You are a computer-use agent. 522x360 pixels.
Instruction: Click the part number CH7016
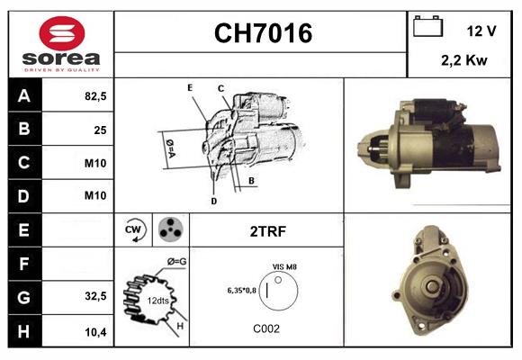pos(262,34)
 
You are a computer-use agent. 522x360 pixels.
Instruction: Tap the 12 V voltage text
pos(481,31)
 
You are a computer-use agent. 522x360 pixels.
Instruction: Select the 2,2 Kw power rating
pos(464,60)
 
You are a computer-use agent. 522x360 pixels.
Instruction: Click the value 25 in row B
pos(99,130)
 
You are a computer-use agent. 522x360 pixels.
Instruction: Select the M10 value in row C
pos(95,163)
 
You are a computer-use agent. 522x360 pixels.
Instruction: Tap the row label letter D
pos(24,196)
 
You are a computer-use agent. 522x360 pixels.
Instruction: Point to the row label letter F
pos(24,264)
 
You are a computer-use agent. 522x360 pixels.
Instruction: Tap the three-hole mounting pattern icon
pos(170,229)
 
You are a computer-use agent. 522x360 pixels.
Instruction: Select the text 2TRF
pos(267,231)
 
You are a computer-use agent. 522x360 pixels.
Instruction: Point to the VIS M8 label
pos(284,267)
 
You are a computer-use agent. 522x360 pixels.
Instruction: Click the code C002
pos(267,328)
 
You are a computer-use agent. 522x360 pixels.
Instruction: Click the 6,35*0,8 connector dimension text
pos(241,290)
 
